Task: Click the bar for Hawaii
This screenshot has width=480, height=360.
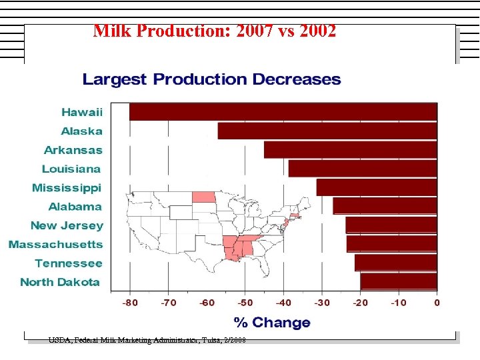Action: tap(283, 112)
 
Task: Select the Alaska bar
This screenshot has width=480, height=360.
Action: tap(327, 131)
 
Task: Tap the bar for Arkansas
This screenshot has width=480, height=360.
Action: tap(351, 149)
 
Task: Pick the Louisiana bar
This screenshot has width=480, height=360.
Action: tap(363, 169)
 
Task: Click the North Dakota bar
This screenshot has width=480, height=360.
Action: tap(399, 281)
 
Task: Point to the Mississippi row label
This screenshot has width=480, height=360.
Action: tap(67, 188)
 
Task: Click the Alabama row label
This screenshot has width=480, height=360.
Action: tap(75, 207)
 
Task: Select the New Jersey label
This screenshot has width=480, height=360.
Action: tap(67, 225)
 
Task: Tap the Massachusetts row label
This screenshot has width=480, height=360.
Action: tap(56, 245)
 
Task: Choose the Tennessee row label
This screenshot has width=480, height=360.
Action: tap(69, 263)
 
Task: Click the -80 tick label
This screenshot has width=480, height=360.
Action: tap(130, 303)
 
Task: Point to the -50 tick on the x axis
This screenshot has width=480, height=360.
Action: tap(245, 303)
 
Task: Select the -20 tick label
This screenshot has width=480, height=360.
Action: tap(360, 303)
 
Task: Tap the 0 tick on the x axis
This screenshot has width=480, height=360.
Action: tap(437, 303)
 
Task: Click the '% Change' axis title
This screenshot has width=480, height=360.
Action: tap(272, 323)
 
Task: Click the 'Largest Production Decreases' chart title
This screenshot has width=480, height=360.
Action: tap(211, 80)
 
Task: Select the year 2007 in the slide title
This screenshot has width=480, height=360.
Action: tap(257, 31)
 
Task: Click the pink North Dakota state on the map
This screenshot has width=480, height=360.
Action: tap(203, 197)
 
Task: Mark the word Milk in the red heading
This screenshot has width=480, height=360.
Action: tap(109, 31)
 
